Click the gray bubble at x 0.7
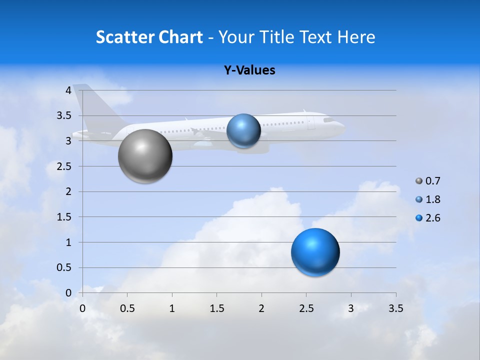tap(145, 156)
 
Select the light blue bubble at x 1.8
tap(243, 130)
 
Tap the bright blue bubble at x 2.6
tap(315, 252)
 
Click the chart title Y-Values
tap(249, 70)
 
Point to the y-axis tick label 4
tap(67, 90)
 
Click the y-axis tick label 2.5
tap(63, 166)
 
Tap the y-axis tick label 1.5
tap(63, 217)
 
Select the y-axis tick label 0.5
tap(63, 268)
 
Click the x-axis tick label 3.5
tap(395, 308)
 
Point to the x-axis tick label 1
tap(172, 308)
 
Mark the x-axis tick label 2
tap(261, 308)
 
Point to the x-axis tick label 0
tap(83, 308)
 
